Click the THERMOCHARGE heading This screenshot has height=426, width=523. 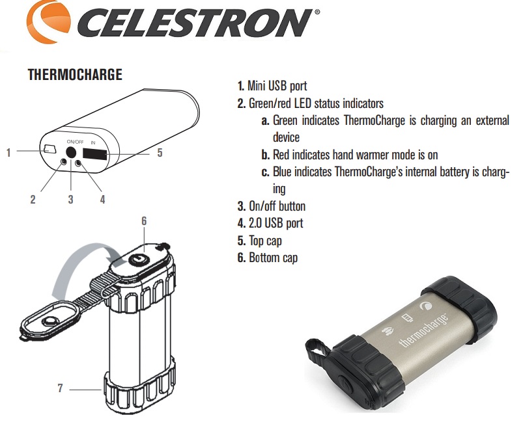click(x=75, y=75)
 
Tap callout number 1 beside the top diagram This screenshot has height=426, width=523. click(x=8, y=153)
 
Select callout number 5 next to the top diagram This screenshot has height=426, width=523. click(x=160, y=153)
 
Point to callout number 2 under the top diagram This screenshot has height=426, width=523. click(x=33, y=199)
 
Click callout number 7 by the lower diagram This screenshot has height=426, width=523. click(x=60, y=388)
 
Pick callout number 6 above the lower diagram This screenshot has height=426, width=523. click(x=144, y=221)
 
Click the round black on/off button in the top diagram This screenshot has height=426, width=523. click(x=71, y=153)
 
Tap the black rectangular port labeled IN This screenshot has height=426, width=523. click(x=95, y=154)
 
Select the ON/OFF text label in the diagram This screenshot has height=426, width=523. click(x=75, y=142)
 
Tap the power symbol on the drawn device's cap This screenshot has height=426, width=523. click(x=138, y=258)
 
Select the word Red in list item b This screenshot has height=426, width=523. click(x=281, y=155)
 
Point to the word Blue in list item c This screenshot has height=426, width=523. click(x=282, y=172)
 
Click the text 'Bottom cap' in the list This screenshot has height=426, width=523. click(x=273, y=258)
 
